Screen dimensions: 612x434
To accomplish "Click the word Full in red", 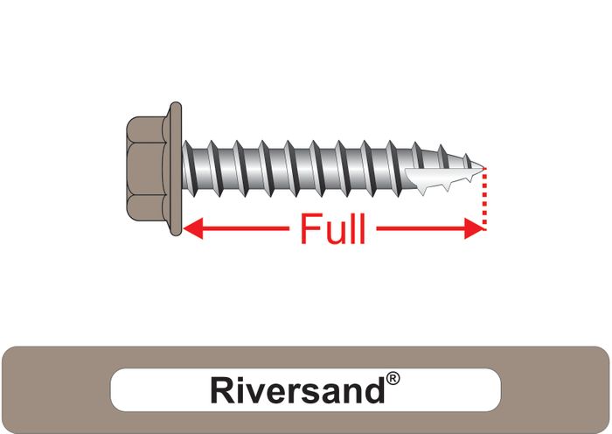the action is tap(333, 229).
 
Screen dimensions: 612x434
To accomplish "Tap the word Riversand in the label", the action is tap(297, 390).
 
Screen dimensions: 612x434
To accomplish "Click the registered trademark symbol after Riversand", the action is tap(393, 379).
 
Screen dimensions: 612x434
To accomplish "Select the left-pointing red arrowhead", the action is tap(193, 228).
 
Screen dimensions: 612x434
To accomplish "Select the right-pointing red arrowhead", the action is tap(474, 228).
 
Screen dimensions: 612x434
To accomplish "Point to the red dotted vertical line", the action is tap(484, 199).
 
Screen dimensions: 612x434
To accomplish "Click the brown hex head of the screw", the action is tap(146, 168).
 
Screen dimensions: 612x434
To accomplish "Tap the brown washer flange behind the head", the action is tap(176, 168).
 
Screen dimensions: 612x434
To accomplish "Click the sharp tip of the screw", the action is tap(483, 168).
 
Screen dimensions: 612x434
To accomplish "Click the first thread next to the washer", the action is tap(188, 168).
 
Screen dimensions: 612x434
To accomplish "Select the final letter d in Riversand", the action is tap(375, 390).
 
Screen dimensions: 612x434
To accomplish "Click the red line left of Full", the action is tap(245, 228).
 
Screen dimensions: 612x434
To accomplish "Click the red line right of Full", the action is tap(421, 228).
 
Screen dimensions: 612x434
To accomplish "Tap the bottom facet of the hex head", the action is tap(146, 207).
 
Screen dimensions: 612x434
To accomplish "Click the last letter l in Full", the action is tap(362, 229).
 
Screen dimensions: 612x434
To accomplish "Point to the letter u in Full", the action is tap(333, 234).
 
